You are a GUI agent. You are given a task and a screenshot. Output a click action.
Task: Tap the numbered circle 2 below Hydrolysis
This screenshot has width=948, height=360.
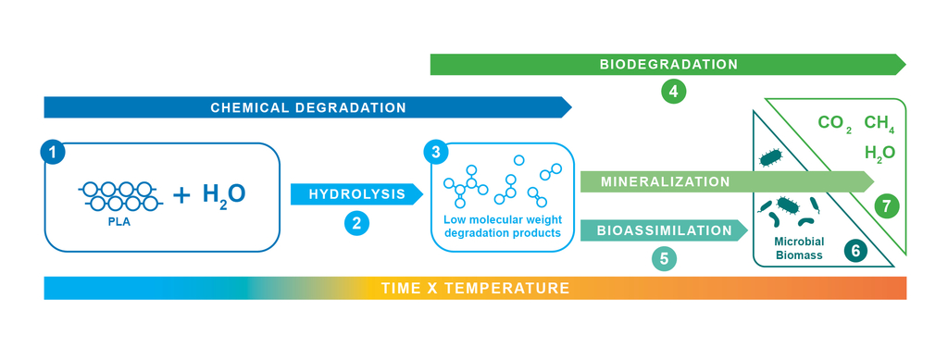[356, 223]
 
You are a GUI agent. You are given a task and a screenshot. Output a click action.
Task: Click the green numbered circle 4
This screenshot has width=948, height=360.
[674, 92]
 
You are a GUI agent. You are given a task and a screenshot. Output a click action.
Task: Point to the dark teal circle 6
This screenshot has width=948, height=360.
[854, 250]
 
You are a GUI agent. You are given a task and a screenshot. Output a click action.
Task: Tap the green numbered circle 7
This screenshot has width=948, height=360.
[886, 206]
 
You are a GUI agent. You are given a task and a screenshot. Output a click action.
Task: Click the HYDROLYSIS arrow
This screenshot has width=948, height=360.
[356, 194]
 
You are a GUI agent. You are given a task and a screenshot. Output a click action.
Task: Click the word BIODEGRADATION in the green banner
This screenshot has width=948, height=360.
[668, 64]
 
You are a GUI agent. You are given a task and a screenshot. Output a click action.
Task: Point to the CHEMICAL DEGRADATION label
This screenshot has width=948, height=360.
[308, 107]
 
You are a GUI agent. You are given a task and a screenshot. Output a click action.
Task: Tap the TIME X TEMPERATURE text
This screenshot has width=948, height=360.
[475, 288]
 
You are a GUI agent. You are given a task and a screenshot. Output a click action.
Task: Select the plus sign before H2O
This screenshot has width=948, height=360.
[181, 194]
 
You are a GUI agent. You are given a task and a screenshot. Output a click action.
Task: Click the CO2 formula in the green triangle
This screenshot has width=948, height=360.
[835, 124]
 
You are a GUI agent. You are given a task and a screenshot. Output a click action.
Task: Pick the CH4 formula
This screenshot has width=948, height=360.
[879, 124]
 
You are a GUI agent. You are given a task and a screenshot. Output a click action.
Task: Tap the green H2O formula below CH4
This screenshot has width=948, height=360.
[879, 153]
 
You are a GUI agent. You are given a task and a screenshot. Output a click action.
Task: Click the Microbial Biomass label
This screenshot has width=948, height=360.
[799, 248]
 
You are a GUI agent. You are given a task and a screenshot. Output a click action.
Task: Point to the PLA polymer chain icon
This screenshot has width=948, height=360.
[118, 196]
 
